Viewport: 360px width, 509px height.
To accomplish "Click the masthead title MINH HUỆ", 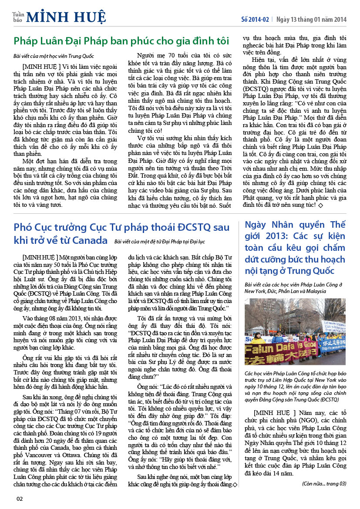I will click(x=66, y=17).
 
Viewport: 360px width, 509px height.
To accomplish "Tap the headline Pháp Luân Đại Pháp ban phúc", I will click(x=121, y=41).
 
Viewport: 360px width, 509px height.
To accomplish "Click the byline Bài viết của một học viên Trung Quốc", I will click(x=54, y=56).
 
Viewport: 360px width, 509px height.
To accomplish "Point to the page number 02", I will click(x=20, y=499).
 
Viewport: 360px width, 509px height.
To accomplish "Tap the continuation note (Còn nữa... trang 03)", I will click(x=324, y=483).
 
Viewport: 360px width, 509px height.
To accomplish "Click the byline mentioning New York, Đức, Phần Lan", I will click(x=296, y=288).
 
